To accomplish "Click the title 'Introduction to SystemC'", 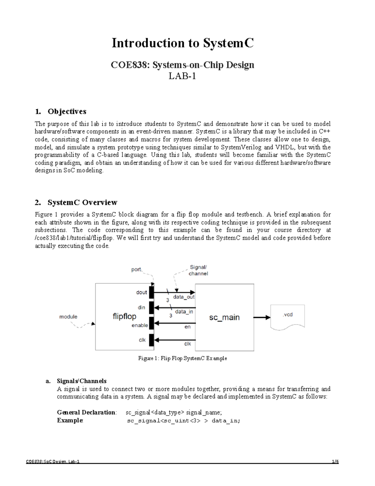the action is [x=183, y=43].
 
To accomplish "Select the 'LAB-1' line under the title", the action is [x=182, y=76].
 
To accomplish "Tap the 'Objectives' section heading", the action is [x=67, y=111].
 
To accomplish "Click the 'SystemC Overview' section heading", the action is [x=82, y=202].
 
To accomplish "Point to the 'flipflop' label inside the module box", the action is [x=124, y=316].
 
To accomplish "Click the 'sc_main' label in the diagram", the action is [x=224, y=317].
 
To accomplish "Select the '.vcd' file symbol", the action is [x=287, y=317].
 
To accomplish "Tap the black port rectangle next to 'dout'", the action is [x=152, y=292].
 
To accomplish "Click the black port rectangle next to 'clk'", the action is [x=152, y=340].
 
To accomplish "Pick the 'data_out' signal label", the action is [x=184, y=297].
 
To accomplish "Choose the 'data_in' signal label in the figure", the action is [x=184, y=312].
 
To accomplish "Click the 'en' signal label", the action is [x=187, y=327].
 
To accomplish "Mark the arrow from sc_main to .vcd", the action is [x=262, y=317].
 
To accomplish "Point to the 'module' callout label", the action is [x=68, y=317].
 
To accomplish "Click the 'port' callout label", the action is [x=136, y=269].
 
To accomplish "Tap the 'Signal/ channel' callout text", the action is [x=198, y=270].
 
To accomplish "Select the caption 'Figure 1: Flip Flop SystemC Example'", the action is [x=182, y=358].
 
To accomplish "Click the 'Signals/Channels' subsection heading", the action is [x=82, y=381].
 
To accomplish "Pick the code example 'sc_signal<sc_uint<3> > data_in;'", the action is [x=184, y=421].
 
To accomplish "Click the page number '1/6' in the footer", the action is [x=335, y=462].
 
